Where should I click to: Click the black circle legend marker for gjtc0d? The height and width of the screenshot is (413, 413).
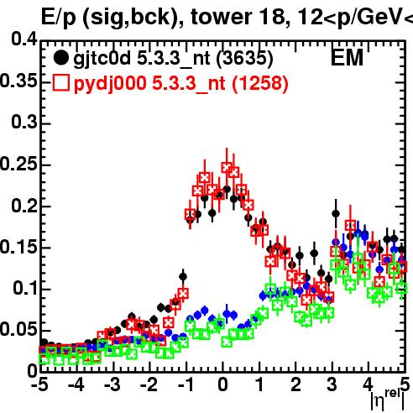click(60, 58)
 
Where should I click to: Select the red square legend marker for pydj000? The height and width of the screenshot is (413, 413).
click(60, 83)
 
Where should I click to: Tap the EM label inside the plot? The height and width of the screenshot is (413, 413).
click(347, 58)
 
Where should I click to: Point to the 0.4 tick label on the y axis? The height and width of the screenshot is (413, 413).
click(24, 39)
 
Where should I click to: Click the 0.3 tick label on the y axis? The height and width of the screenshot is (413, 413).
click(24, 123)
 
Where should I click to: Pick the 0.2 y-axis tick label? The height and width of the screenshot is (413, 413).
click(24, 206)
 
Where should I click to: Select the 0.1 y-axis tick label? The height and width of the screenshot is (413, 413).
click(24, 289)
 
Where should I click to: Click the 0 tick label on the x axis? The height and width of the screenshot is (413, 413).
click(222, 384)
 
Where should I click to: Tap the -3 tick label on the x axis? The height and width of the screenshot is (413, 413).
click(112, 384)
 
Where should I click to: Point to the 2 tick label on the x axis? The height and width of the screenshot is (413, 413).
click(295, 384)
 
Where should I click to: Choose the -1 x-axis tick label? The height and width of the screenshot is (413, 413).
click(186, 384)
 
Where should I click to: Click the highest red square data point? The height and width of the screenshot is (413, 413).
click(227, 167)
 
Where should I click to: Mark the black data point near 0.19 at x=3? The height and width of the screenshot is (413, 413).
click(336, 214)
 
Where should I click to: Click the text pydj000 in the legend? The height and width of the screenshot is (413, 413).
click(110, 84)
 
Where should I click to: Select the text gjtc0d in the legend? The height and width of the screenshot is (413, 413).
click(102, 59)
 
